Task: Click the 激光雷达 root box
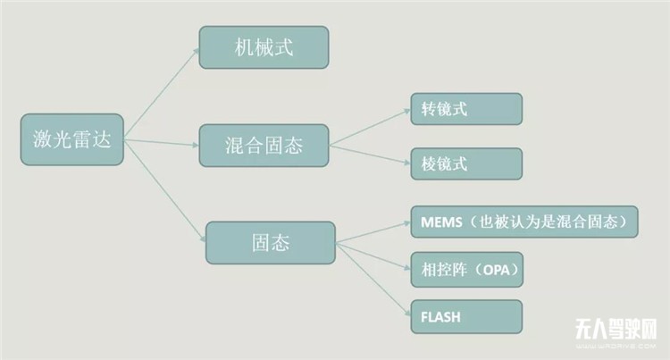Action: (71, 140)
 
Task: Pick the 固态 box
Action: (271, 243)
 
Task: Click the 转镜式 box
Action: (466, 109)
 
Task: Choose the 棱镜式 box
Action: (466, 163)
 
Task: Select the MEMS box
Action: (523, 222)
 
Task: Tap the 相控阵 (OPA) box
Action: (466, 268)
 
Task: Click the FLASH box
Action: (466, 315)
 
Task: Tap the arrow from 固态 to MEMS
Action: (373, 230)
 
